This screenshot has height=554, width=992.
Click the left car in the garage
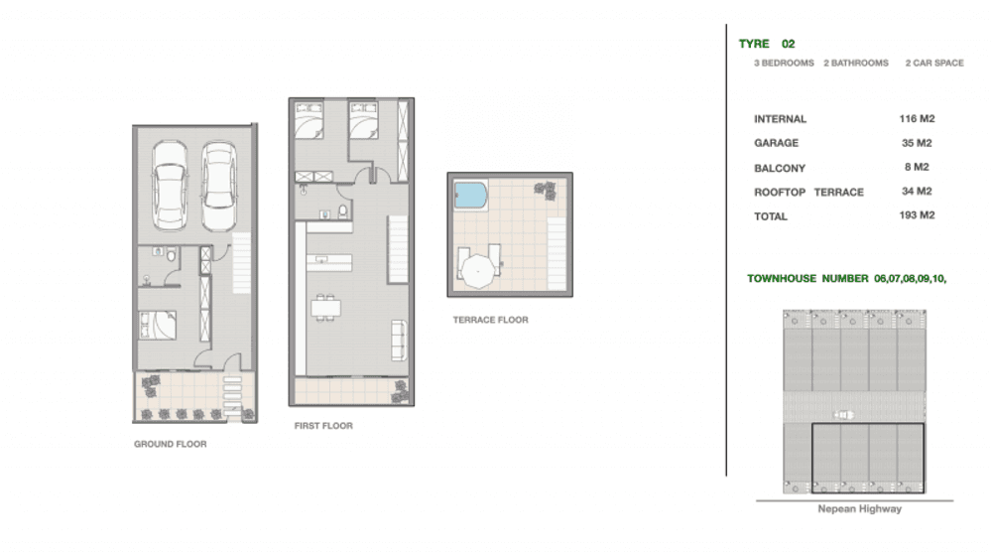pos(171,186)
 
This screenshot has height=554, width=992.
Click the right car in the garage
pos(219,186)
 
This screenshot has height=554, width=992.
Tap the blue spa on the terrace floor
pos(470,196)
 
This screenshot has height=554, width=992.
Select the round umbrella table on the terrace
pos(478,271)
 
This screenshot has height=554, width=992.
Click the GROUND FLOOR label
pos(171,445)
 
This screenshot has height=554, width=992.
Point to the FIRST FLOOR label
pos(323,426)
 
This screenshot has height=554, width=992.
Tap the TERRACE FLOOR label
pos(490,321)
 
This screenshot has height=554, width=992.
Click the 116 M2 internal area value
pos(917,119)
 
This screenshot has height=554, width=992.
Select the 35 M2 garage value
pos(917,143)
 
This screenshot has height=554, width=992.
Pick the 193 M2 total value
pos(917,215)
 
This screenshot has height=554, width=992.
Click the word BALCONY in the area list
pos(780,169)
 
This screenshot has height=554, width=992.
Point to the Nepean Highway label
pos(859,509)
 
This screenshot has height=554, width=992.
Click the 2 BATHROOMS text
pos(856,64)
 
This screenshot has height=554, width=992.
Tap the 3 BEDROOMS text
pos(784,64)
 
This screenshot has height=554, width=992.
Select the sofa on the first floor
pos(399,341)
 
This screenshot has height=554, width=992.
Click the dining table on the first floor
pos(325,309)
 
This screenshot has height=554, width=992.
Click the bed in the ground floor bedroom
pos(158,325)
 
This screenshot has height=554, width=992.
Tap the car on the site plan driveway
pos(843,415)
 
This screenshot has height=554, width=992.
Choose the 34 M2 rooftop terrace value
pos(917,192)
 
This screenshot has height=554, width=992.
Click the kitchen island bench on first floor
pos(329,262)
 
